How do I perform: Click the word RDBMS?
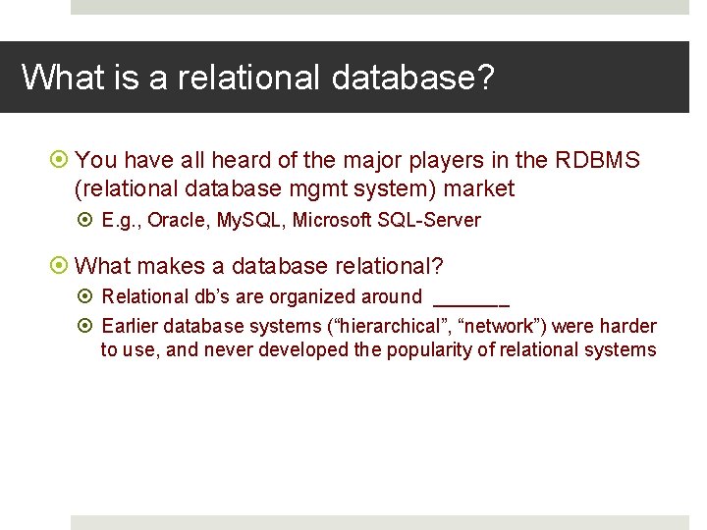[597, 160]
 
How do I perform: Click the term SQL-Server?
[429, 221]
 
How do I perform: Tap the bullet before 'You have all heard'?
[61, 160]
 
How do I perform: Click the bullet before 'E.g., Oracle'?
[87, 221]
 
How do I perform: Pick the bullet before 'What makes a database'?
[61, 266]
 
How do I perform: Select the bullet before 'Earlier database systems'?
[87, 327]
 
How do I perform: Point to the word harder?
[630, 327]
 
